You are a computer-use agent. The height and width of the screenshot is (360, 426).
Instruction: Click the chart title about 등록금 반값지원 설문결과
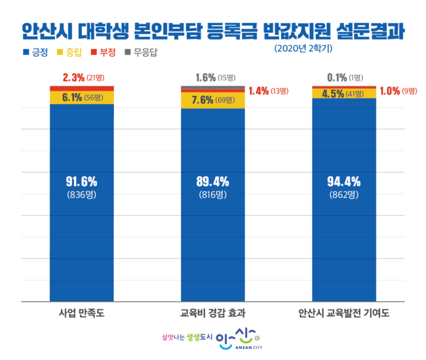pyautogui.click(x=213, y=30)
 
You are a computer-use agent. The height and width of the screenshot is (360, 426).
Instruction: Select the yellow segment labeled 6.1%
pyautogui.click(x=81, y=97)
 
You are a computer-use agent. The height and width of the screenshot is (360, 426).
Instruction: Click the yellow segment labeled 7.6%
pyautogui.click(x=212, y=100)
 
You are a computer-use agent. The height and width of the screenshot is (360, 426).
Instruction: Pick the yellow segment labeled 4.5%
pyautogui.click(x=344, y=93)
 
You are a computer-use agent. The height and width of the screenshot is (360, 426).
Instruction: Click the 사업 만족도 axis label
pyautogui.click(x=81, y=313)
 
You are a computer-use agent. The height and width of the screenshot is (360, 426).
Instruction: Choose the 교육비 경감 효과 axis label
pyautogui.click(x=212, y=313)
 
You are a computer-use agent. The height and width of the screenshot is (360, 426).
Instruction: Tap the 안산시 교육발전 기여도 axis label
pyautogui.click(x=344, y=313)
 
